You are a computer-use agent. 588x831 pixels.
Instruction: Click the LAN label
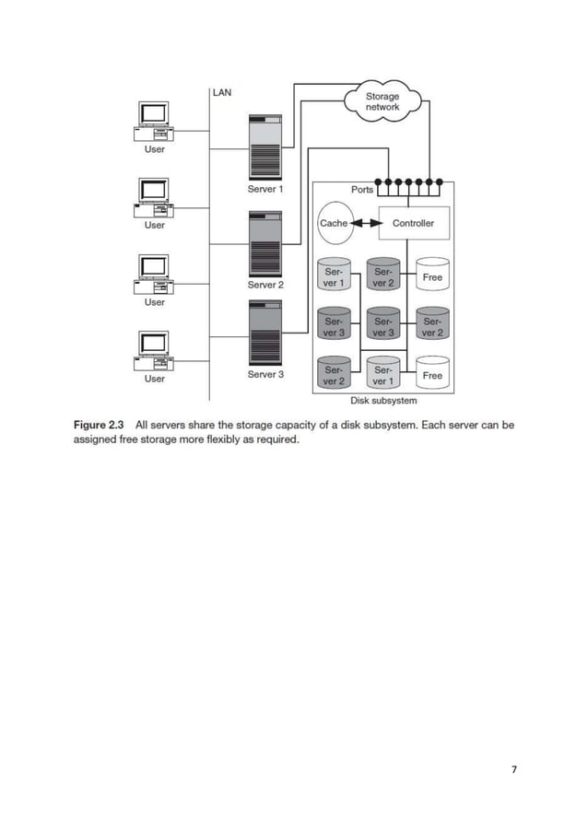coord(223,92)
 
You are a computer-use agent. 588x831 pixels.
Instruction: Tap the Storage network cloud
coord(382,101)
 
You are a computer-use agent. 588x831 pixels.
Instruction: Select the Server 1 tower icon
coord(265,146)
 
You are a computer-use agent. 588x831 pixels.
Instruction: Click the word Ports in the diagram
coord(362,189)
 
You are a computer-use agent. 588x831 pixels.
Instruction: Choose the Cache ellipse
coord(333,223)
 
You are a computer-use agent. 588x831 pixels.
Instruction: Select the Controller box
coord(413,223)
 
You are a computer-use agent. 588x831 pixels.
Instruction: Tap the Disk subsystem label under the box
coord(383,401)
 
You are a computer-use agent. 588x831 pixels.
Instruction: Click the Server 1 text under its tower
coord(265,189)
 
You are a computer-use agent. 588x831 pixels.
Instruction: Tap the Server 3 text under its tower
coord(265,375)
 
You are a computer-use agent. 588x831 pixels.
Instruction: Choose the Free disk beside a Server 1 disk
coord(432,374)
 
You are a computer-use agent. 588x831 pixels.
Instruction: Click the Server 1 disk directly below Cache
coord(333,277)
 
